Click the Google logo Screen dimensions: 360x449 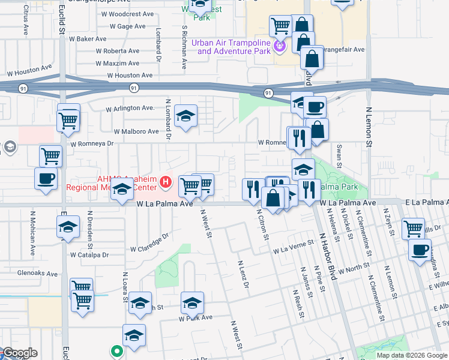point(20,353)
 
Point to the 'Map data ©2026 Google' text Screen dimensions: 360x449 point(412,355)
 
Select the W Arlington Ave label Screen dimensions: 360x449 point(130,109)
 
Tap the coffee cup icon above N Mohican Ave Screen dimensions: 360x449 point(46,178)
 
